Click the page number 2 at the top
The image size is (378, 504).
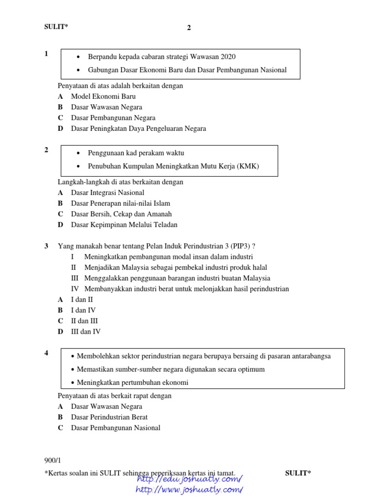pyautogui.click(x=189, y=28)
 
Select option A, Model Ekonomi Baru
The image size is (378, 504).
pyautogui.click(x=103, y=96)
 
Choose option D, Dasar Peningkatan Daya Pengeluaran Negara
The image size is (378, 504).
pyautogui.click(x=138, y=129)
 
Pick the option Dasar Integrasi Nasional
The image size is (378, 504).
pyautogui.click(x=107, y=193)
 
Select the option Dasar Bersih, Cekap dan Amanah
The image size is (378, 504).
pyautogui.click(x=121, y=214)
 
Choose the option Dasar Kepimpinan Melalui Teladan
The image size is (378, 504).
pyautogui.click(x=124, y=225)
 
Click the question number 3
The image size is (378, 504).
pyautogui.click(x=46, y=246)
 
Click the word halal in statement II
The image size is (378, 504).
pyautogui.click(x=259, y=267)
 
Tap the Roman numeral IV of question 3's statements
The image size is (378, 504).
pyautogui.click(x=75, y=289)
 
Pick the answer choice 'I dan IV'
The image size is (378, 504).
pyautogui.click(x=83, y=310)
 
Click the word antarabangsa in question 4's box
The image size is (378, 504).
pyautogui.click(x=309, y=356)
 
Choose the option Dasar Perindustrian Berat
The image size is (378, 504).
pyautogui.click(x=109, y=417)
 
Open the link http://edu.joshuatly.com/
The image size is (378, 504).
pyautogui.click(x=189, y=479)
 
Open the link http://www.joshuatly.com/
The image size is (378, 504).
pyautogui.click(x=189, y=490)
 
